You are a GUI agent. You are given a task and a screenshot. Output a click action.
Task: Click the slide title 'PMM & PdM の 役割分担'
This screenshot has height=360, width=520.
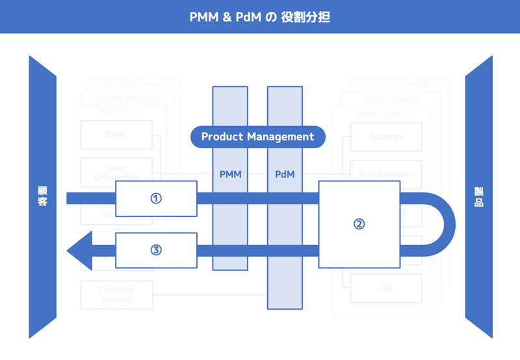(259, 17)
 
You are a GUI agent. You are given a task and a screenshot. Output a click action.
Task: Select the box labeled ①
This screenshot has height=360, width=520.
(156, 198)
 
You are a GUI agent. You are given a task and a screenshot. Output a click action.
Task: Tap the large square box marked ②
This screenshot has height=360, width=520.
(359, 224)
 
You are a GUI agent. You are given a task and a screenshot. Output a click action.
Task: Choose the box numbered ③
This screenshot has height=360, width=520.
(156, 250)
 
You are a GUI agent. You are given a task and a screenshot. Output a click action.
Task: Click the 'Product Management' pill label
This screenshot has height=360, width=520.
(257, 137)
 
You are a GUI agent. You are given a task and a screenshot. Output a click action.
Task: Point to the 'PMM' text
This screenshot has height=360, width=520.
(230, 174)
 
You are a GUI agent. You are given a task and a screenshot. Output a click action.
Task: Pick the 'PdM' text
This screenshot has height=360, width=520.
(285, 174)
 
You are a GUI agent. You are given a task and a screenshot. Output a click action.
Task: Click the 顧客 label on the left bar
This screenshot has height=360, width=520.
(42, 196)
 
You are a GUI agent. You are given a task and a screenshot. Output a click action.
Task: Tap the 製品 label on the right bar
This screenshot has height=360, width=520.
(478, 196)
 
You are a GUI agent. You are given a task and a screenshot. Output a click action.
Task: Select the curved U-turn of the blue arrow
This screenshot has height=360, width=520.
(442, 224)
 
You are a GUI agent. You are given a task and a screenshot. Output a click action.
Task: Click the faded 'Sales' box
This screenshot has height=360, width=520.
(116, 135)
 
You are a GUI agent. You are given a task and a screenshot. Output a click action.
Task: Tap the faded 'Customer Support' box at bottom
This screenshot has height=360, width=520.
(116, 295)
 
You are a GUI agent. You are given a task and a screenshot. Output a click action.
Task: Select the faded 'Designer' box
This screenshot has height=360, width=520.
(386, 137)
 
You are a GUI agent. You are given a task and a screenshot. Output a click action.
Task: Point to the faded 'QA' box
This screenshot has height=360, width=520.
(386, 289)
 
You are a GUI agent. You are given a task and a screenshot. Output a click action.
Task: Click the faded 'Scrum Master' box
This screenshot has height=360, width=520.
(386, 175)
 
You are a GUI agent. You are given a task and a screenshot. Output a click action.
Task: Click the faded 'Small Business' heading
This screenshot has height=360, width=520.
(135, 84)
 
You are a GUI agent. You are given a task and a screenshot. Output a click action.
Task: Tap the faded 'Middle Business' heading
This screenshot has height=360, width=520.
(127, 98)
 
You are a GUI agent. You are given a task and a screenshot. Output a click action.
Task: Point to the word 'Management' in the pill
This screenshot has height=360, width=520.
(283, 137)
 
